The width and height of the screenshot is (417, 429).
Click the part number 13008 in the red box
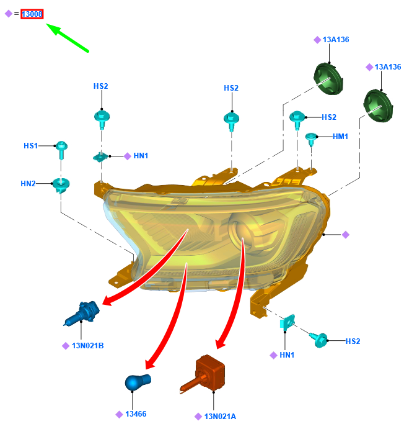point(32,14)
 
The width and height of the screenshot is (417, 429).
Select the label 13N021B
point(87,345)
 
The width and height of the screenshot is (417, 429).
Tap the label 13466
point(136,414)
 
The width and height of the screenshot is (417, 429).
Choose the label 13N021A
point(219,416)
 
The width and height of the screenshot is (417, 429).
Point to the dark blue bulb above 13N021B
point(82,312)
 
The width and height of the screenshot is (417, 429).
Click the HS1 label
point(31,146)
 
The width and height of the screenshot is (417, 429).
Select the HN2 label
point(28,183)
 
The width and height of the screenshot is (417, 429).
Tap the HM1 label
point(340,137)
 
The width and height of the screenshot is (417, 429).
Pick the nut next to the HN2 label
point(61,184)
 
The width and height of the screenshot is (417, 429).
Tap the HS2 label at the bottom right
point(353,341)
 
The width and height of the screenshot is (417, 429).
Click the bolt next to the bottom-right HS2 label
point(320,339)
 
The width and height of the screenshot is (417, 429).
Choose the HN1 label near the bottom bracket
point(286,355)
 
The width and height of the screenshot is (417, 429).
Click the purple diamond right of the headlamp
point(346,235)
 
